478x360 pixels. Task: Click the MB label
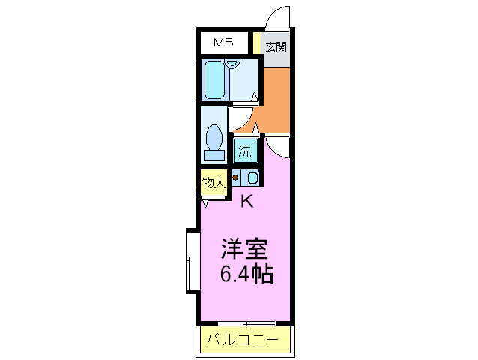[223, 43]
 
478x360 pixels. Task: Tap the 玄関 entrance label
[276, 46]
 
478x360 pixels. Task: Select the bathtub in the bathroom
[216, 79]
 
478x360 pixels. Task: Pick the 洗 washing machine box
[245, 150]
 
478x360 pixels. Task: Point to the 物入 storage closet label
[214, 182]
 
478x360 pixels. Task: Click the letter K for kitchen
[246, 201]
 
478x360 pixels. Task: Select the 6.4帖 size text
[246, 274]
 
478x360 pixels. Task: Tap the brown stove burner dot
[236, 178]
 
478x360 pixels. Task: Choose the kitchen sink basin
[252, 178]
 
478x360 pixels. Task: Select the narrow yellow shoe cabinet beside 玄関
[256, 43]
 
